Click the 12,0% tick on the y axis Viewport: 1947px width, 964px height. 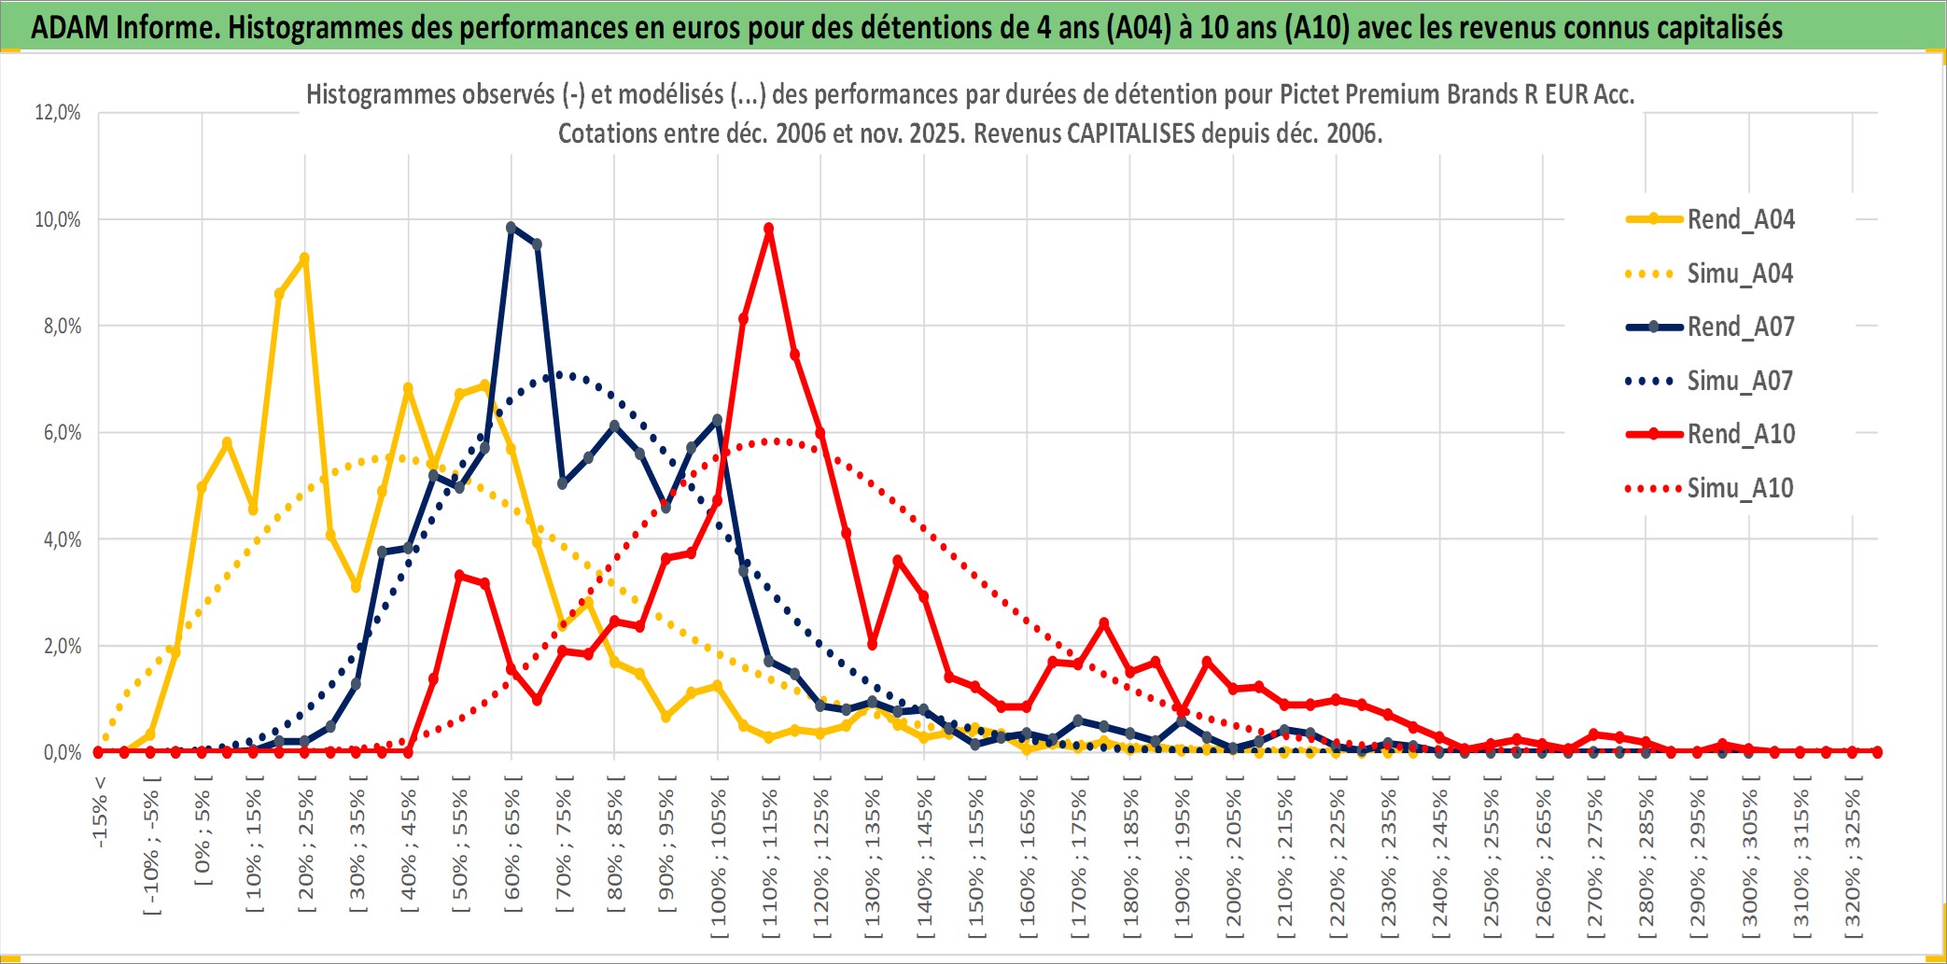(58, 113)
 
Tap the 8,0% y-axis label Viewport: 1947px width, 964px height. (62, 327)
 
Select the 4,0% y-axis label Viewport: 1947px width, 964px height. (62, 539)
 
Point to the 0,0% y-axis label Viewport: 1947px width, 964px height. (62, 752)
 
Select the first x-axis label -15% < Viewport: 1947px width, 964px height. (100, 812)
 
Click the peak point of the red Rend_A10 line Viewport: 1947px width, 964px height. (768, 229)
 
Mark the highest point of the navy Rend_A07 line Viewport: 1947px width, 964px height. (511, 227)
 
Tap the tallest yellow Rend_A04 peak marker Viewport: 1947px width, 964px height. (304, 258)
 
